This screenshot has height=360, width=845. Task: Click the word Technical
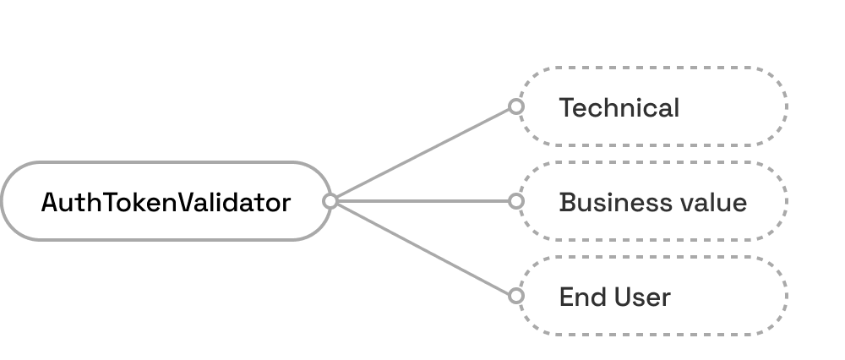click(619, 108)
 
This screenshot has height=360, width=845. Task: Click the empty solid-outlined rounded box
click(165, 201)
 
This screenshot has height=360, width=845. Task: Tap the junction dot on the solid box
click(330, 201)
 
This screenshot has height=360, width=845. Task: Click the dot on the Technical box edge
click(515, 106)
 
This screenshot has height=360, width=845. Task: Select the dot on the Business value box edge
click(515, 201)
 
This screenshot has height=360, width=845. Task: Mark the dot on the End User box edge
click(515, 296)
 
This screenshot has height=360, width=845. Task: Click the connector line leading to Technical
click(422, 154)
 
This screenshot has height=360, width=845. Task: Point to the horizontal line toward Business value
click(422, 201)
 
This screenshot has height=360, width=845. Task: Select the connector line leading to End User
click(422, 248)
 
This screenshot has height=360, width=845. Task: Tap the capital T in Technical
click(566, 108)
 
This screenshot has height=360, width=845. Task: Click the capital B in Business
click(566, 203)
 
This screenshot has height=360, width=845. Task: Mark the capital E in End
click(565, 297)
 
